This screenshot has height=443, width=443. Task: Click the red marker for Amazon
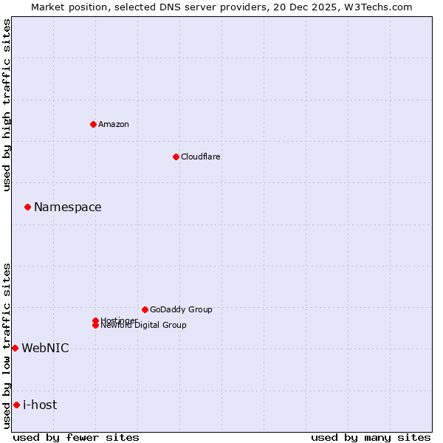[93, 124]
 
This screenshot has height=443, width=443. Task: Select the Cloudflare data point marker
[176, 157]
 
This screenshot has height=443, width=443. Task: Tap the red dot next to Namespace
[27, 207]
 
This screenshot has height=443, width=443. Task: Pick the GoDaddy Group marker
[145, 309]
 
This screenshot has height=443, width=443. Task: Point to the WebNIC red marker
[15, 348]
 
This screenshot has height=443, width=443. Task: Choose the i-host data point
[16, 405]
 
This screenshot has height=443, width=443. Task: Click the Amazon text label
[114, 124]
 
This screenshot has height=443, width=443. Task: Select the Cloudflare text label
[200, 157]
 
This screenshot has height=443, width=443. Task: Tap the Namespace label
[68, 207]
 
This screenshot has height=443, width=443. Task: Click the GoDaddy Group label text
[181, 309]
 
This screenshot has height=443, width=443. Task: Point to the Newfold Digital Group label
[143, 326]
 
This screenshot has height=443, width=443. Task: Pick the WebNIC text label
[45, 348]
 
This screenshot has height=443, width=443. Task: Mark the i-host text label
[40, 405]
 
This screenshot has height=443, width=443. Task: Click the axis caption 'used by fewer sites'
[76, 438]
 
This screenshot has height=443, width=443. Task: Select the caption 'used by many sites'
[371, 438]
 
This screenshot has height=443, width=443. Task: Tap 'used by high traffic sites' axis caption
[7, 105]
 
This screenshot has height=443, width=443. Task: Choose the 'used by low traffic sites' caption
[7, 346]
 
